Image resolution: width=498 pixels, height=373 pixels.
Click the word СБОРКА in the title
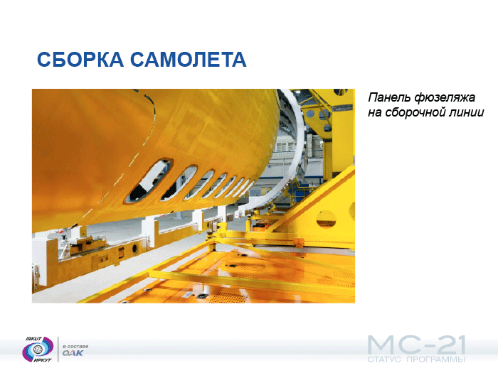80,59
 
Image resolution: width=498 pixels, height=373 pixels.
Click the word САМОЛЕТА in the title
189,59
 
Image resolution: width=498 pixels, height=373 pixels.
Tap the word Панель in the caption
389,97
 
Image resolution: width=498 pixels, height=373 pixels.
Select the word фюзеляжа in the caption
445,98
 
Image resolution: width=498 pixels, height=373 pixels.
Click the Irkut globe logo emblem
38,350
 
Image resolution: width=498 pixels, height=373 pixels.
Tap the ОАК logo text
73,353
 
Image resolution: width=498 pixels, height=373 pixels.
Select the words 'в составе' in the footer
75,346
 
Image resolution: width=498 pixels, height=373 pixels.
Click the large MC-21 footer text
416,345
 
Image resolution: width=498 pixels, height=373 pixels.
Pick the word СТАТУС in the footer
384,360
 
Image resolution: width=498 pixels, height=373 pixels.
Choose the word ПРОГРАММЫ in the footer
435,360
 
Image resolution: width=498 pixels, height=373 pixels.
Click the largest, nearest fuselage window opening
148,180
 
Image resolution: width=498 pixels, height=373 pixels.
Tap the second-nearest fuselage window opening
179,183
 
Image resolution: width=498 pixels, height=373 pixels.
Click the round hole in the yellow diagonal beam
326,219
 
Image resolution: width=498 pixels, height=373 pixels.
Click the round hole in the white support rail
134,249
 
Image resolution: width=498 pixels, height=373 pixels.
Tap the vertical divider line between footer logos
58,350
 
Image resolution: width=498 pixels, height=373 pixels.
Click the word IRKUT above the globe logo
33,339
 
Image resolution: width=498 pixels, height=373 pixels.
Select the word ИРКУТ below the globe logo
43,360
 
